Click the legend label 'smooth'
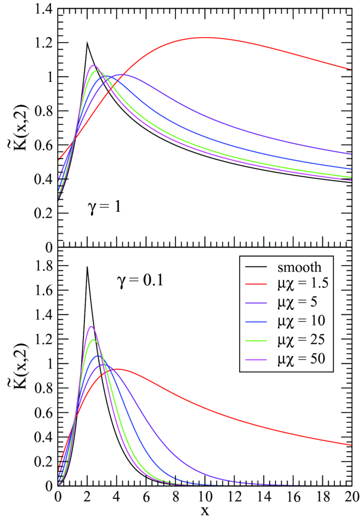(300, 267)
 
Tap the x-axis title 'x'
(205, 511)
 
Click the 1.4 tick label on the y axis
(40, 9)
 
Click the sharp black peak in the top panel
(87, 43)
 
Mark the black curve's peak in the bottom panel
(87, 267)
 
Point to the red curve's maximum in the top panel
(205, 37)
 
